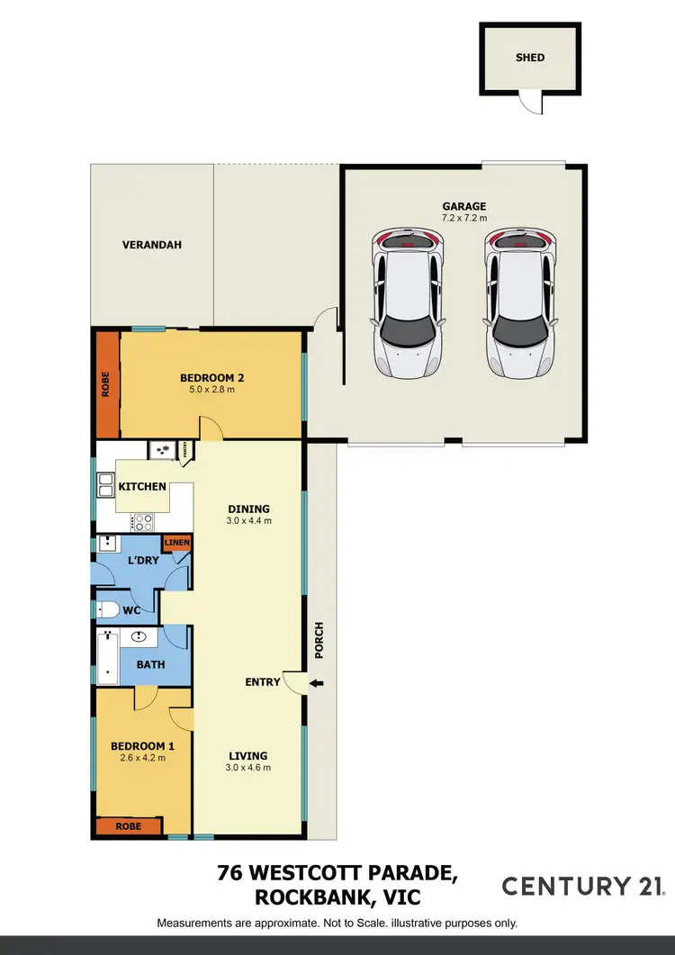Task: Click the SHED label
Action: tap(530, 58)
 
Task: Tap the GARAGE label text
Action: tap(463, 206)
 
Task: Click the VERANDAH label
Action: tap(152, 244)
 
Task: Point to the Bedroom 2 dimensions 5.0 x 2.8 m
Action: tap(211, 390)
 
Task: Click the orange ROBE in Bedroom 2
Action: tap(108, 383)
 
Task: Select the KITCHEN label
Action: tap(143, 487)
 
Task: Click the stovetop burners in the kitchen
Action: tap(142, 521)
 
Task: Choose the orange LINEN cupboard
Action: tap(176, 543)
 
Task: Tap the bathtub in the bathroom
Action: tap(108, 656)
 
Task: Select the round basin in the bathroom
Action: tap(139, 637)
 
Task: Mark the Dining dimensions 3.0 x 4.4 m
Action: tap(247, 521)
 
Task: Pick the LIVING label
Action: tap(247, 756)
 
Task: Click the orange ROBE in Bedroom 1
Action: tap(128, 825)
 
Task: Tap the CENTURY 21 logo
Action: tap(583, 886)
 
